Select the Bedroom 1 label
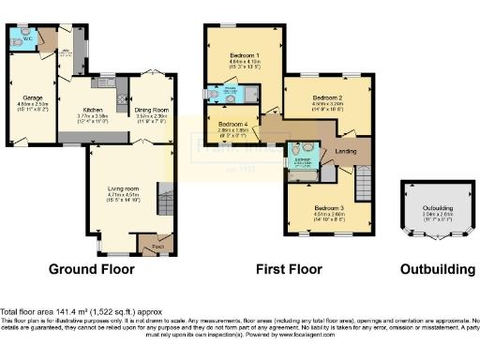tap(246, 58)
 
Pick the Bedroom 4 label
tap(233, 124)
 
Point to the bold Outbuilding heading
tap(438, 270)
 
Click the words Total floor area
tap(25, 310)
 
